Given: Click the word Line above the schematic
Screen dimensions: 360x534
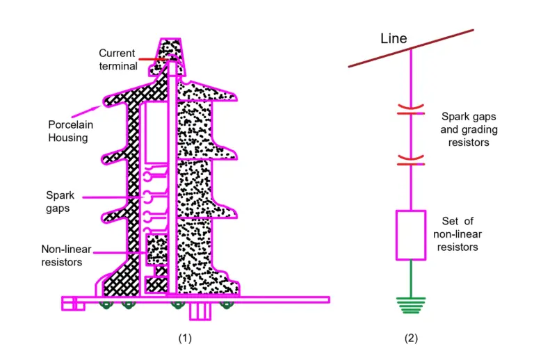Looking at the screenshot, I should [394, 38].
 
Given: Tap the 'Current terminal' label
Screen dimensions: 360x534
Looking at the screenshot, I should [118, 60].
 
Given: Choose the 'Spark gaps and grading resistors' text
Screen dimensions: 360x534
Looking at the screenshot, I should [470, 129].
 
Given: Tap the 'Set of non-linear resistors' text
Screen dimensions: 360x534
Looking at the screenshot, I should [457, 234].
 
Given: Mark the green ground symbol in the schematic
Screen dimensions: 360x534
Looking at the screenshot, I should [411, 304].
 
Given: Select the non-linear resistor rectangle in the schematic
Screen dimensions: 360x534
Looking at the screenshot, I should [411, 235].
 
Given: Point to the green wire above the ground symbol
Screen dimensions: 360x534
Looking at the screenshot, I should [411, 278].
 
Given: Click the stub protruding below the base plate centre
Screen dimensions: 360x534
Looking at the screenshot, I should [200, 312].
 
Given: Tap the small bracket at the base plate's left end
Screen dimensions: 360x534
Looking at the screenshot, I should [72, 304].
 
